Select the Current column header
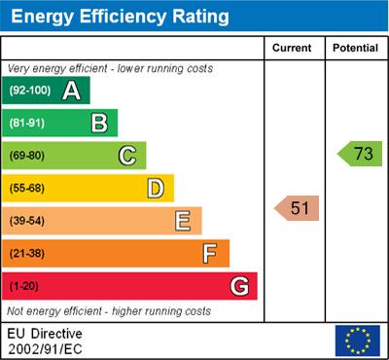tap(293, 48)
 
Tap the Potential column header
tap(355, 48)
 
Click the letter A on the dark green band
tap(71, 90)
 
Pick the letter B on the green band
tap(99, 123)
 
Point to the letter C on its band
tap(126, 156)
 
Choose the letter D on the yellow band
tap(155, 188)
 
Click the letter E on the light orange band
tap(182, 221)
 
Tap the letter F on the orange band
tap(210, 254)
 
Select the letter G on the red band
tap(238, 286)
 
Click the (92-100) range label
tap(30, 90)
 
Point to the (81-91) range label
tap(28, 124)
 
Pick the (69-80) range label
tap(28, 156)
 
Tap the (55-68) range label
tap(28, 189)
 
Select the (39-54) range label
tap(28, 221)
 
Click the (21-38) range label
tap(28, 254)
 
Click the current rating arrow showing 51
tap(298, 207)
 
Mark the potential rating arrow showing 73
tap(360, 154)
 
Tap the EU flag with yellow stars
tap(357, 340)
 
